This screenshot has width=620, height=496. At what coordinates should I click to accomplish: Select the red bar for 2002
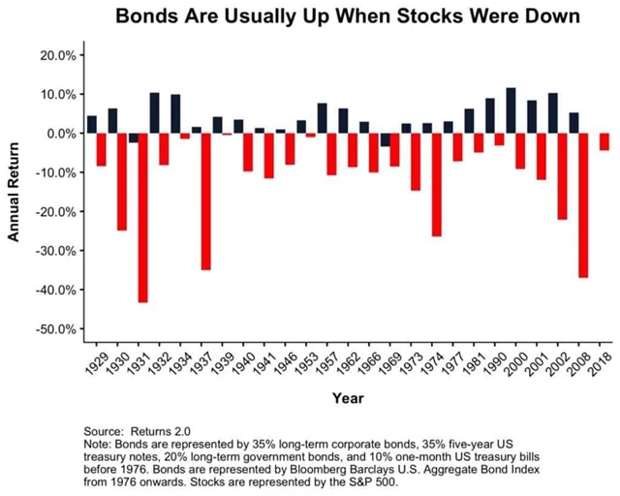pos(561,176)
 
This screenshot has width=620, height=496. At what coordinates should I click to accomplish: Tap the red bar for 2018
pos(604,141)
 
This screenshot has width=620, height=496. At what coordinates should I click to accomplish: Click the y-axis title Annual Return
pos(14,192)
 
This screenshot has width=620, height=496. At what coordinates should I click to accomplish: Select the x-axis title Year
pos(347,398)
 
